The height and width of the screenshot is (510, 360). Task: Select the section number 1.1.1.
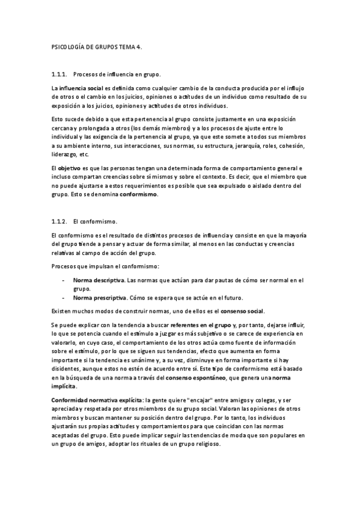60,75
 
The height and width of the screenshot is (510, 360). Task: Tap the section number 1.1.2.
60,221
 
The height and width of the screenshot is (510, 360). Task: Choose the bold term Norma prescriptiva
100,297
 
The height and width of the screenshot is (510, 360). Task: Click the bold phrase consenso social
242,311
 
